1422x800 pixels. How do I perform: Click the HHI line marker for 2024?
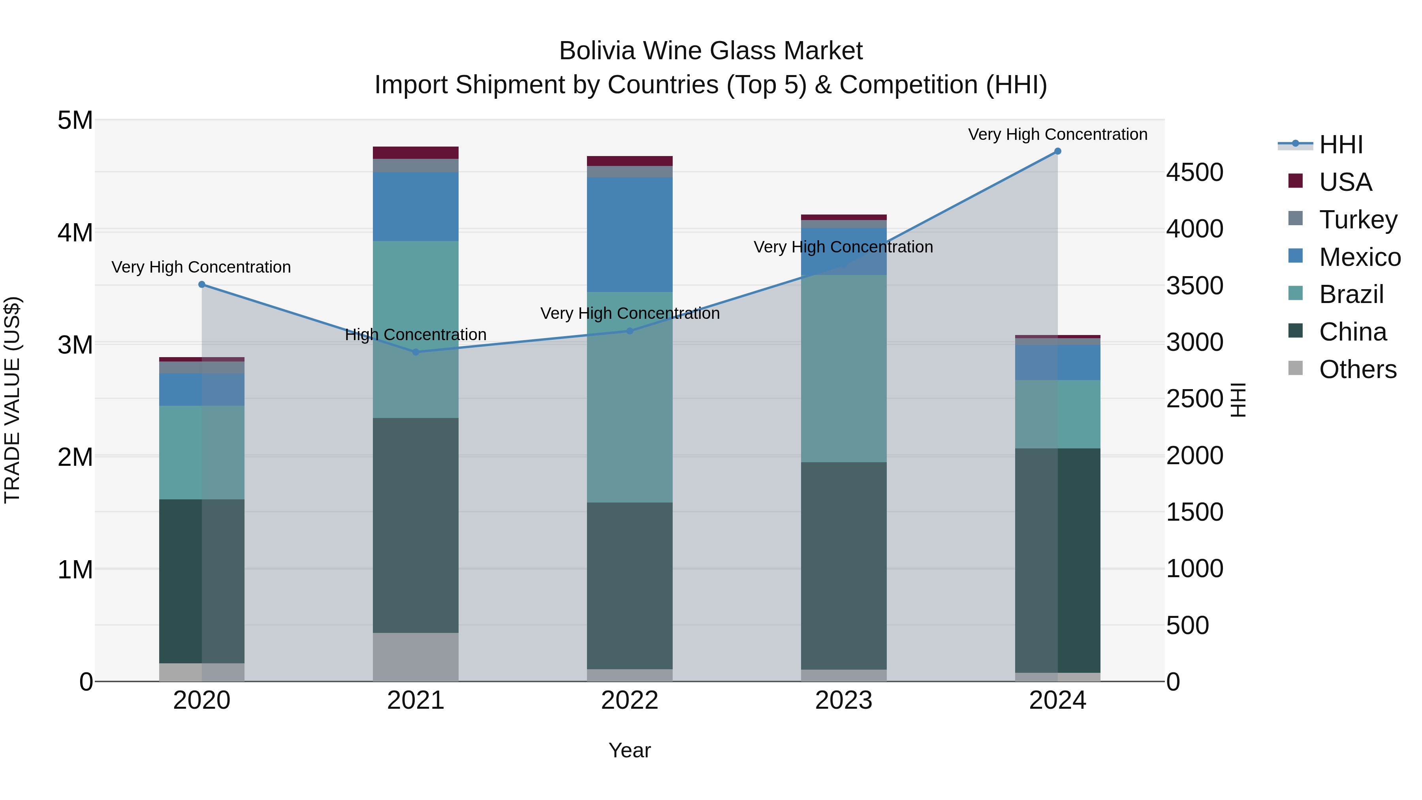tap(1057, 151)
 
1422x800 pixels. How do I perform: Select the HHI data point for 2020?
tap(201, 284)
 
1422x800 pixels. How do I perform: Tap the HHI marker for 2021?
tap(416, 352)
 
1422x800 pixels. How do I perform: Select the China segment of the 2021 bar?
tap(416, 525)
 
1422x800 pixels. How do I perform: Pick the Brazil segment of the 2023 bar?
tap(843, 368)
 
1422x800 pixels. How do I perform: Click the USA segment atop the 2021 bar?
tap(416, 152)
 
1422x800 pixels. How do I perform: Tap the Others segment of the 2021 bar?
tap(416, 657)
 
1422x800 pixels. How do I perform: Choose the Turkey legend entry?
tap(1358, 219)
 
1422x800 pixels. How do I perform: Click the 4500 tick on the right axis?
tap(1194, 172)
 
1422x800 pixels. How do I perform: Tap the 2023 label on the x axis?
tap(843, 700)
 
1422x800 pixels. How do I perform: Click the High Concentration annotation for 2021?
tap(416, 335)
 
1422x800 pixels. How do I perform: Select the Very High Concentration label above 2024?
tap(1057, 134)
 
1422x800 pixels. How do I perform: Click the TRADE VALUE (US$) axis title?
tap(12, 400)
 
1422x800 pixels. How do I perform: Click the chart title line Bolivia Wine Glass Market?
tap(711, 51)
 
